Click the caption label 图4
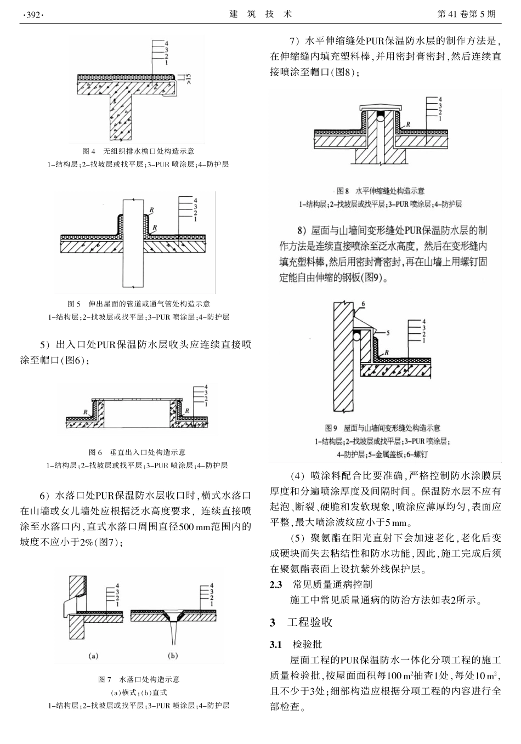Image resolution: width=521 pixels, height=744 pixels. click(89, 151)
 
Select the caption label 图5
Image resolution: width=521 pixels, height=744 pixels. click(74, 303)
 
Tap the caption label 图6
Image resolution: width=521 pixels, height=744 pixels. click(95, 452)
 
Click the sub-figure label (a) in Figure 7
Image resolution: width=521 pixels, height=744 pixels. click(93, 655)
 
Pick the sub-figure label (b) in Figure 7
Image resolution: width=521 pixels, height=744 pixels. click(173, 655)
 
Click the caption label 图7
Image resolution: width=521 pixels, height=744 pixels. click(105, 679)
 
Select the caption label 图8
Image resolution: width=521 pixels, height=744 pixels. click(342, 191)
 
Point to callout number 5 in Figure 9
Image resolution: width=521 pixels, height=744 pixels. click(388, 332)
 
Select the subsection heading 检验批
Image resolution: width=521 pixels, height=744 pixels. click(307, 644)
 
